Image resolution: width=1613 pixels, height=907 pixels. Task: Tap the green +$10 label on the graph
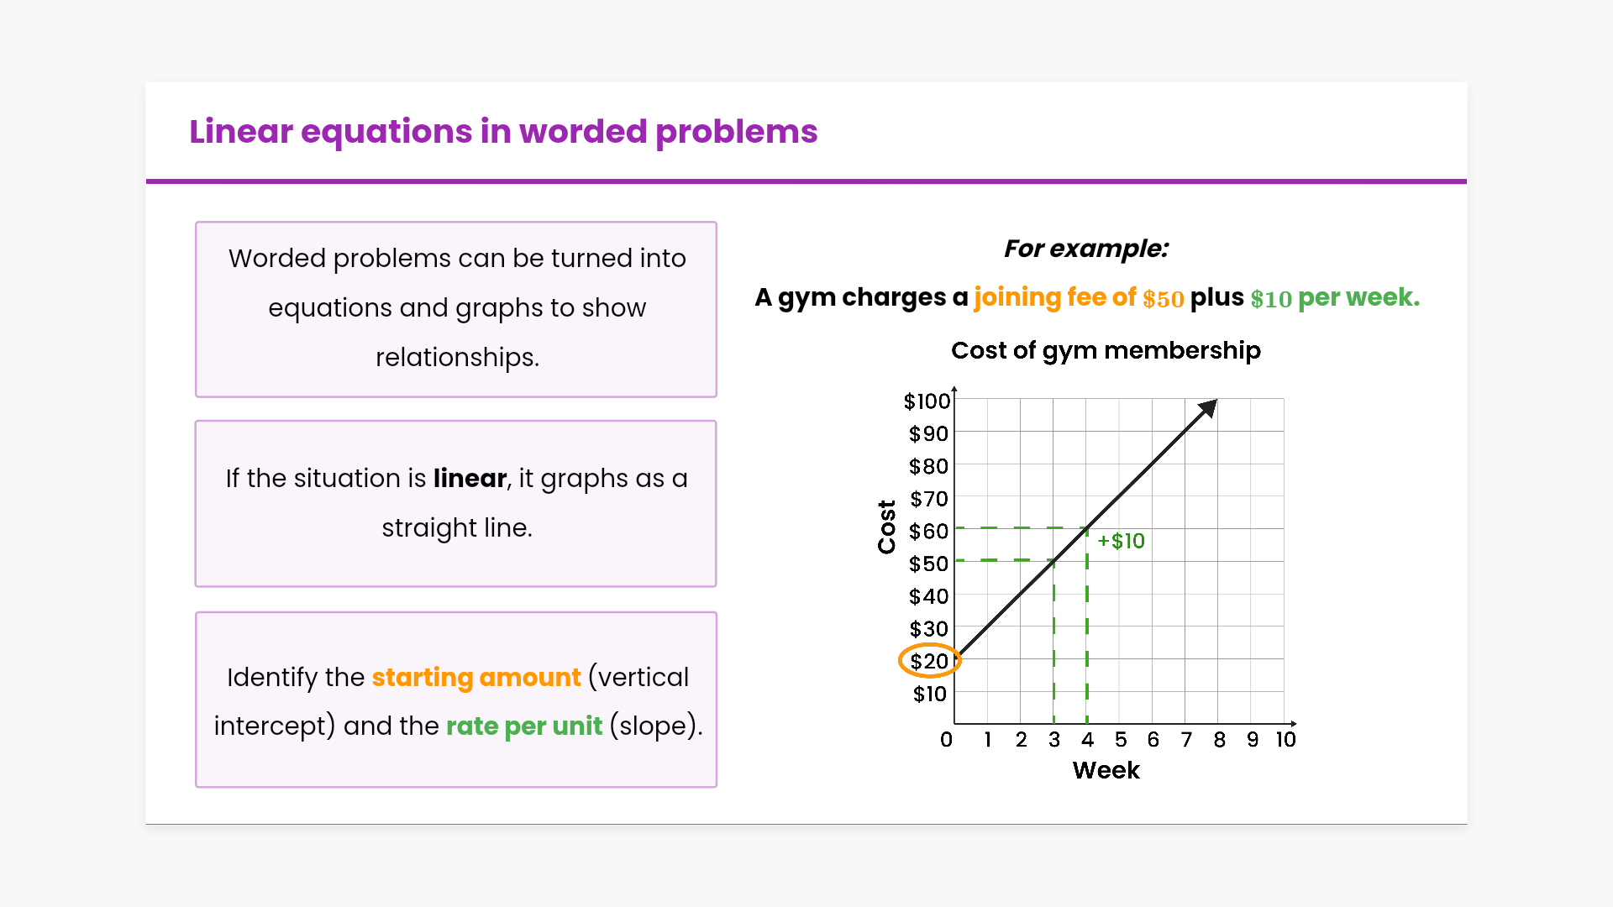1121,541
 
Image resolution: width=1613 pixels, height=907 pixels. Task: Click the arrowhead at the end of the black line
1208,408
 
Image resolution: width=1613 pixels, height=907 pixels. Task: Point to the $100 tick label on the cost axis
927,401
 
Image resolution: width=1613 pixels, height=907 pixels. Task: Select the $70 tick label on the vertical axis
929,499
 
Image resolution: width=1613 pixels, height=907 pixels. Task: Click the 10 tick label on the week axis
1285,740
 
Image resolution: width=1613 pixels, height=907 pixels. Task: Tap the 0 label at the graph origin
946,740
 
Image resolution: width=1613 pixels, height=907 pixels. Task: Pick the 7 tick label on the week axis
1186,740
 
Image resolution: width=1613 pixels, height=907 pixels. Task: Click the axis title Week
1106,771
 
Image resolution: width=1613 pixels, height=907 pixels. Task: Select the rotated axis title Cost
886,527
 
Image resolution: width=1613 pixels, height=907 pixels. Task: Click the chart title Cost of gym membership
1106,350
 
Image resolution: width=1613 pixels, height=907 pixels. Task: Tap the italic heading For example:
1085,249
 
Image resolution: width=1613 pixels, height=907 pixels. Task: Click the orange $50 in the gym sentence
1163,299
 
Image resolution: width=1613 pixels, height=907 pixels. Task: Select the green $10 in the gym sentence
1270,299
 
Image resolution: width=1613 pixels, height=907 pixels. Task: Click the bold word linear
470,479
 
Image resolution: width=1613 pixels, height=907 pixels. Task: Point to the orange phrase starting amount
476,678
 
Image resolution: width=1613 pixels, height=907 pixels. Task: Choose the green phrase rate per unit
524,726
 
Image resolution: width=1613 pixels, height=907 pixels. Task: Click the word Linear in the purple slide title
241,132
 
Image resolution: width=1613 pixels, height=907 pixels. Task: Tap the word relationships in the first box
457,358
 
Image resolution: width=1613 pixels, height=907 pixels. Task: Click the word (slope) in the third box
655,726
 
